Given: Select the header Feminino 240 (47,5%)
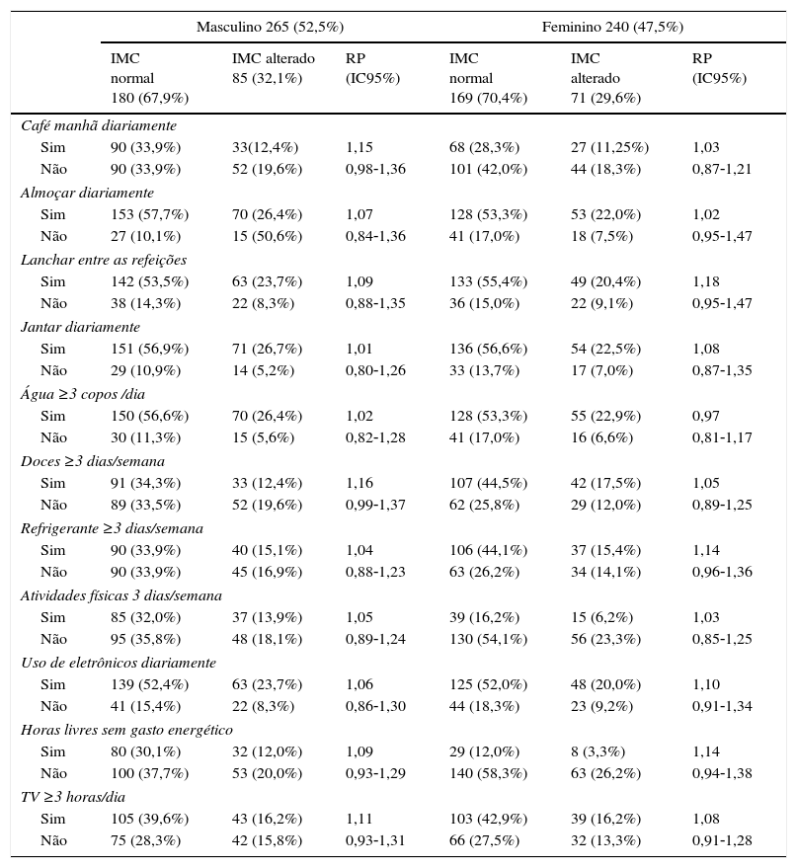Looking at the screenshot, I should pyautogui.click(x=612, y=27).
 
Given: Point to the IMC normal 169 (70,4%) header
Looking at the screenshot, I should pyautogui.click(x=488, y=78).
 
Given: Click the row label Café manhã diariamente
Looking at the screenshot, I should pyautogui.click(x=99, y=125).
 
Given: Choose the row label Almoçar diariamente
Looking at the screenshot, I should pyautogui.click(x=87, y=193).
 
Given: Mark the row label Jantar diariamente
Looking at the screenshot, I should pyautogui.click(x=80, y=327).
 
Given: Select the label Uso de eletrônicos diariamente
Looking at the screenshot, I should pyautogui.click(x=118, y=663).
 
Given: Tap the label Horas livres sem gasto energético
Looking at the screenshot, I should pyautogui.click(x=126, y=730).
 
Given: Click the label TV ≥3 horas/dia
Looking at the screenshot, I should pyautogui.click(x=73, y=797).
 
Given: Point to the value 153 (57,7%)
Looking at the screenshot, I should pyautogui.click(x=149, y=214).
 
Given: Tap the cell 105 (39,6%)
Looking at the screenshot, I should pyautogui.click(x=149, y=819).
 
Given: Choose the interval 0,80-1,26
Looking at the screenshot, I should pyautogui.click(x=375, y=370).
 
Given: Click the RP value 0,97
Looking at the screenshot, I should pyautogui.click(x=706, y=416).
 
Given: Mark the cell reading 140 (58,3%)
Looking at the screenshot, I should pyautogui.click(x=488, y=773).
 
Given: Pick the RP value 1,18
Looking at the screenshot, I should pyautogui.click(x=706, y=281).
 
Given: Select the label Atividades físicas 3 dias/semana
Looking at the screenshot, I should pyautogui.click(x=120, y=595).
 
